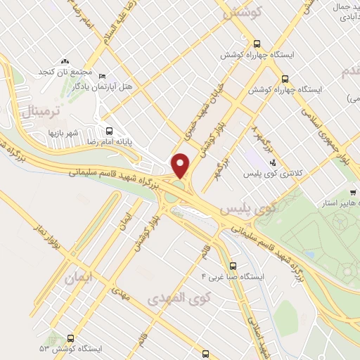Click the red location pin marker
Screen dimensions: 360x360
pyautogui.click(x=181, y=165)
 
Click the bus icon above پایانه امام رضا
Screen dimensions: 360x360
pyautogui.click(x=109, y=130)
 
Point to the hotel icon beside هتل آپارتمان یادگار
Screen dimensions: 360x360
pyautogui.click(x=103, y=76)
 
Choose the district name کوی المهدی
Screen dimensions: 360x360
pyautogui.click(x=175, y=299)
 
